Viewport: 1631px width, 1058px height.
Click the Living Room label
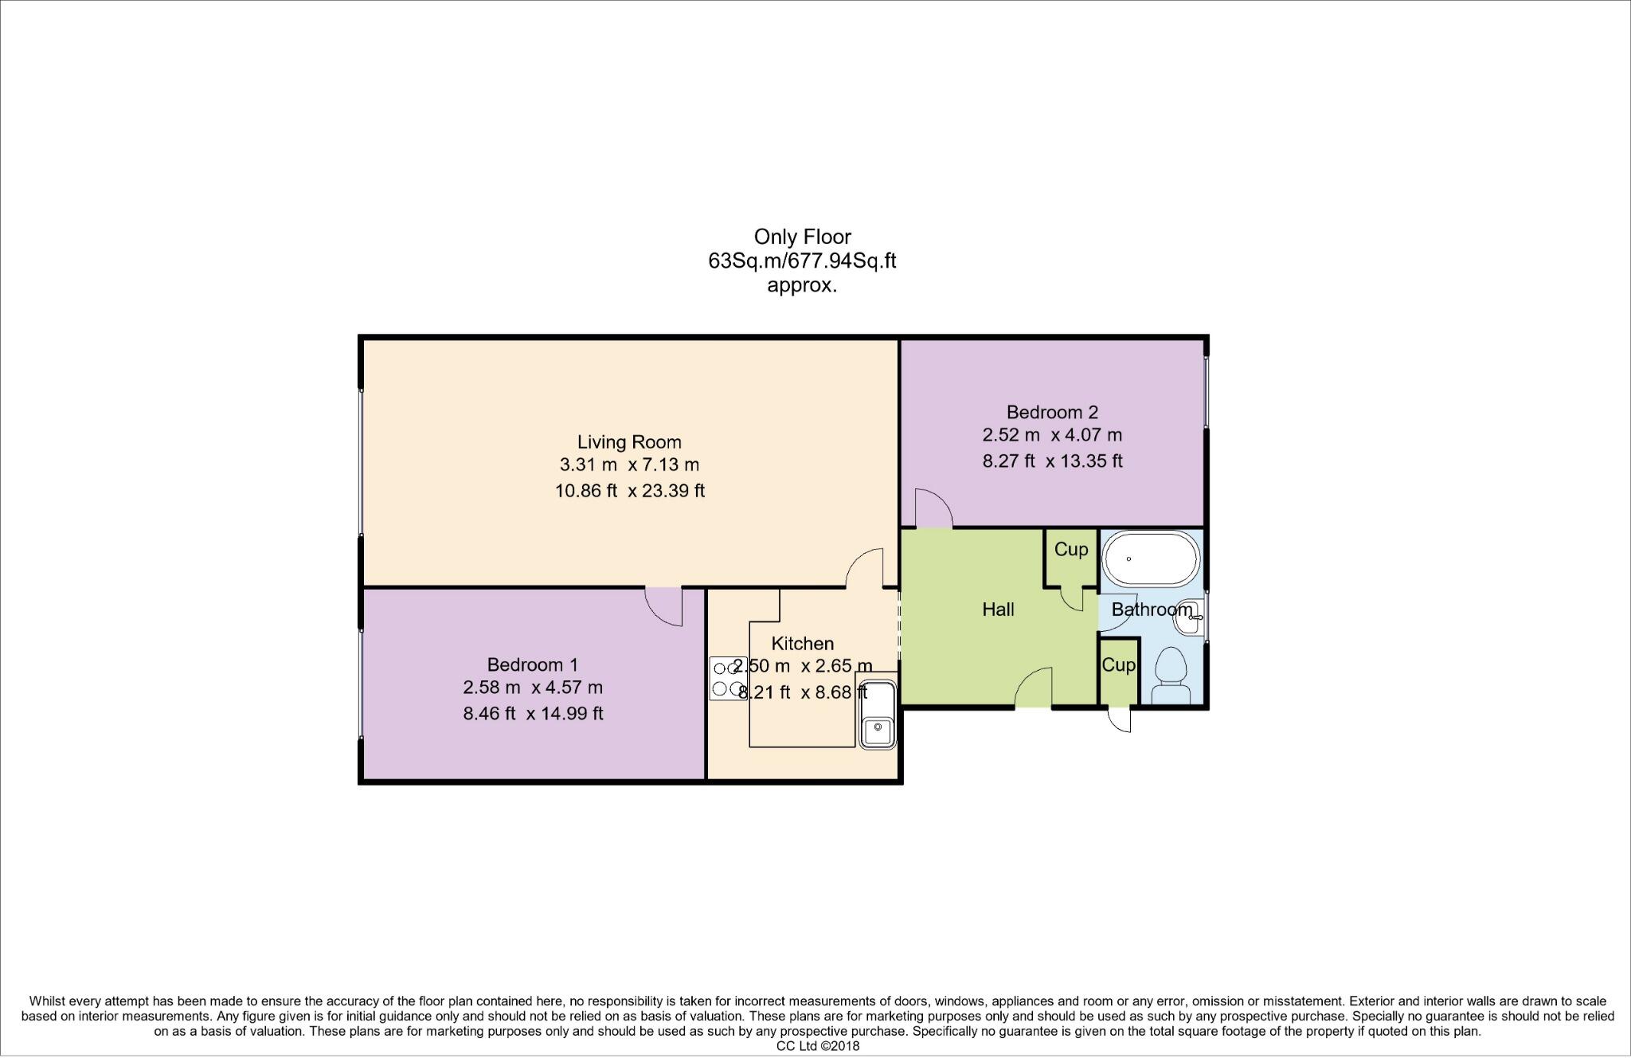point(629,441)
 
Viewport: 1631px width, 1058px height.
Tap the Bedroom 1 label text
point(532,664)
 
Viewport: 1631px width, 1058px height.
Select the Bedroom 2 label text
point(1052,412)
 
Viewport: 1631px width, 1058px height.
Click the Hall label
point(998,609)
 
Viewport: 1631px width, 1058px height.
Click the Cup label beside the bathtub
point(1070,550)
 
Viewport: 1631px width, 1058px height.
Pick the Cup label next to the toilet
point(1118,665)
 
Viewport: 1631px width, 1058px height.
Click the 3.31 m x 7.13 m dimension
point(629,464)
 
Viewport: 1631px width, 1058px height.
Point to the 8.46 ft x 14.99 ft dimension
point(533,713)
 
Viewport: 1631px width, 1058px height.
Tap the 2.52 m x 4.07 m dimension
point(1052,435)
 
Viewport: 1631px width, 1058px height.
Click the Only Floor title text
point(802,237)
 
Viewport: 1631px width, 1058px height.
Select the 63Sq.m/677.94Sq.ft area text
point(802,261)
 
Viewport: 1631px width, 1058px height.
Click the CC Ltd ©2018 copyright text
point(818,1047)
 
